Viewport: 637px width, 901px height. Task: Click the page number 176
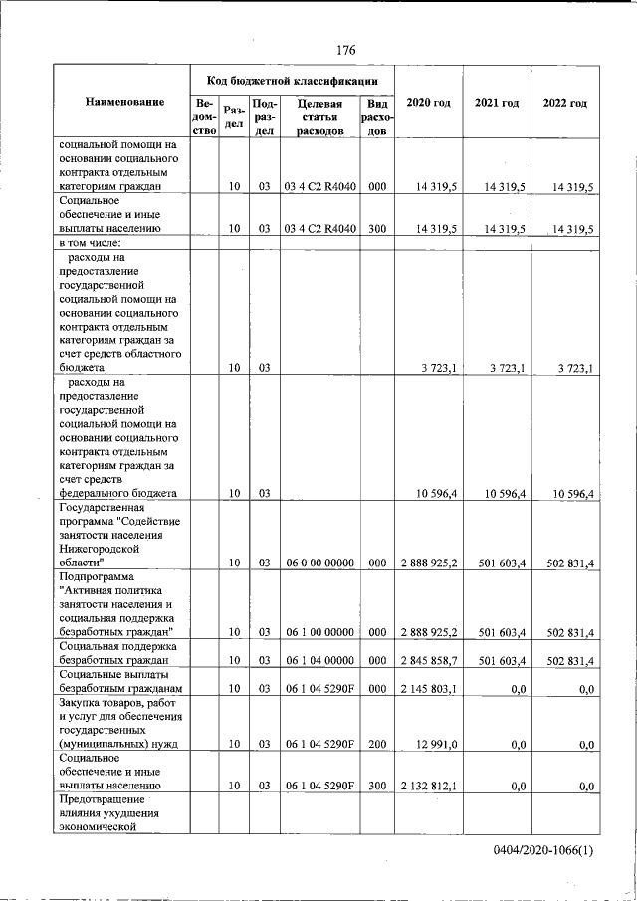(345, 50)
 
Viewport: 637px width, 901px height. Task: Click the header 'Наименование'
(124, 103)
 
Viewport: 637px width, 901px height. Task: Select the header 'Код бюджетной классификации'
(292, 80)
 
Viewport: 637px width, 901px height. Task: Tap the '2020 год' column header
(428, 103)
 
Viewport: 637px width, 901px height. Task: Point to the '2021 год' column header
(497, 103)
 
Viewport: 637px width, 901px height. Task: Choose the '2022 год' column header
(564, 103)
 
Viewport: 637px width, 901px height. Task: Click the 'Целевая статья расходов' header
(318, 117)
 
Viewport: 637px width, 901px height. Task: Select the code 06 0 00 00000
(318, 563)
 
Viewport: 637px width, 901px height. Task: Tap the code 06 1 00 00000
(318, 632)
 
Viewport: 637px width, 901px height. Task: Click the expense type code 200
(377, 744)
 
